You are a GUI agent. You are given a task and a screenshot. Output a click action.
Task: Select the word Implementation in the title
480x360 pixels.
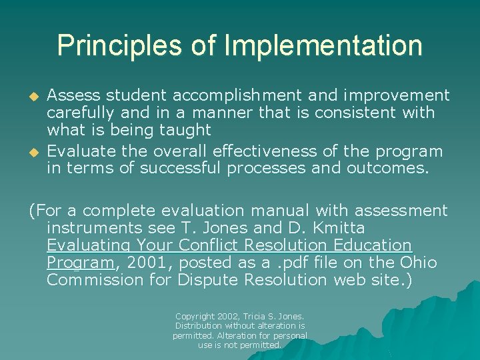[323, 45]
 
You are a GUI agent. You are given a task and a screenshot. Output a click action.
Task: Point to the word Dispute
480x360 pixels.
[208, 280]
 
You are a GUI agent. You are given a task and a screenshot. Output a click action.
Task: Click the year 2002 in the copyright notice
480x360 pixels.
[233, 316]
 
